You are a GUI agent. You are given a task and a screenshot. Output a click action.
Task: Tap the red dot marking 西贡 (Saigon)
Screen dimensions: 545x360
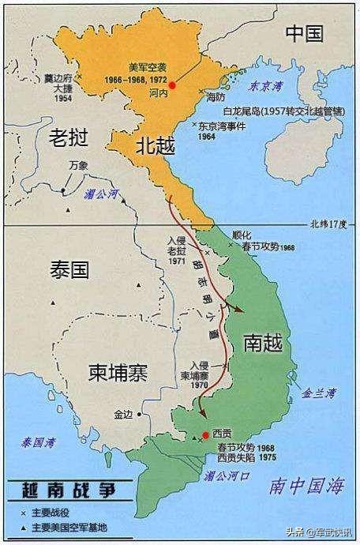tap(206, 435)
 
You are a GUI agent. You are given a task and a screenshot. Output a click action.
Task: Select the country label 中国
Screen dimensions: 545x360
tap(304, 32)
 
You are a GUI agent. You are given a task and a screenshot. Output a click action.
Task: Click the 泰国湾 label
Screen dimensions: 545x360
tap(36, 442)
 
